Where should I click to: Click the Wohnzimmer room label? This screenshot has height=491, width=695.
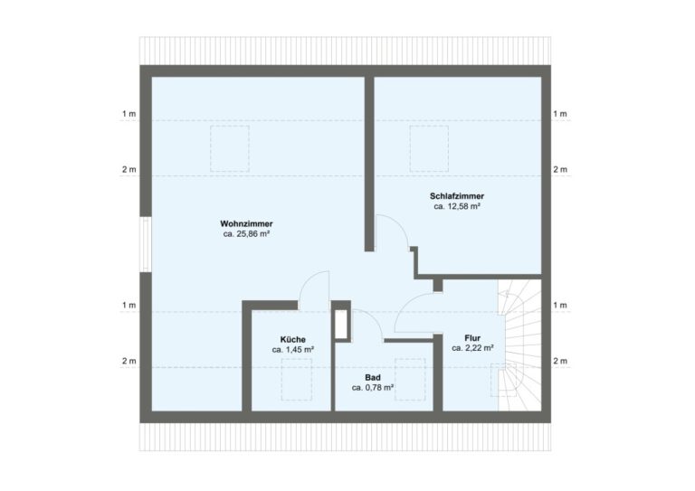[x=246, y=223]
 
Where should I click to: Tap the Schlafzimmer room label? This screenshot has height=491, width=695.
[x=456, y=195]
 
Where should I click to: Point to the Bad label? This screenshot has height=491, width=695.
[x=372, y=376]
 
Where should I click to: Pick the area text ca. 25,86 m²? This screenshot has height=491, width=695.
[x=246, y=234]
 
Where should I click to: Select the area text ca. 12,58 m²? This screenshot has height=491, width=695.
[x=456, y=206]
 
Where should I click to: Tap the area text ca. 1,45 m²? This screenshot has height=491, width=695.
[x=292, y=348]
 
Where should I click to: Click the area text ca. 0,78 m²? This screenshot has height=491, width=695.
[x=372, y=387]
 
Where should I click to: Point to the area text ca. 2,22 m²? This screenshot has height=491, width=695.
[x=472, y=347]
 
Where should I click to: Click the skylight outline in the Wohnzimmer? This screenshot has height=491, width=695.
[x=230, y=147]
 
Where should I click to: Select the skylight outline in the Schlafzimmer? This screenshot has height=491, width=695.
[x=429, y=147]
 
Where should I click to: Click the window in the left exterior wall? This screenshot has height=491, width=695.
[x=145, y=244]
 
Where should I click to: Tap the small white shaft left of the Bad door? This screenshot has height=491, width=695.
[x=341, y=325]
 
